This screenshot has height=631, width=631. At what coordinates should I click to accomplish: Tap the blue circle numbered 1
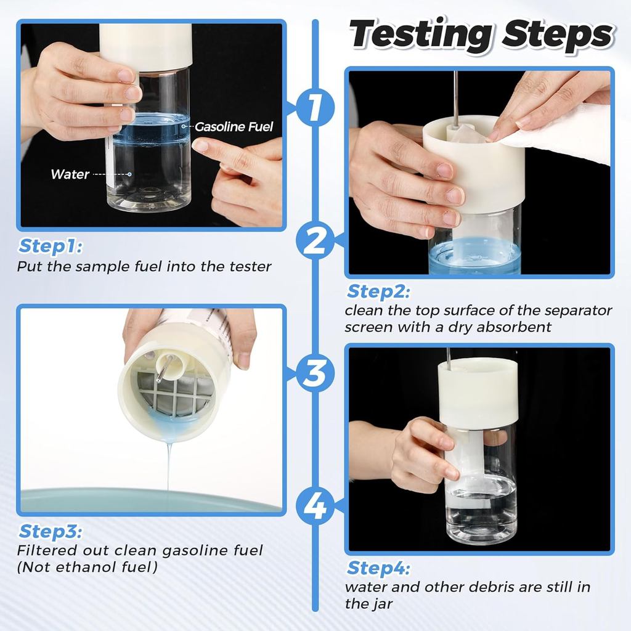pos(315,108)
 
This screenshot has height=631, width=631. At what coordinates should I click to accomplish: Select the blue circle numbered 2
pos(315,240)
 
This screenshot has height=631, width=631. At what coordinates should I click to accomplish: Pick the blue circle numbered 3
pos(315,373)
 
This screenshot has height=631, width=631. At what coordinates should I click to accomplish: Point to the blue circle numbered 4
pos(315,505)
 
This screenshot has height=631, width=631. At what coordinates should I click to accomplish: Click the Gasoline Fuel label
pos(234,127)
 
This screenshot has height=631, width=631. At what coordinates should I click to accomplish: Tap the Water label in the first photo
pos(70,174)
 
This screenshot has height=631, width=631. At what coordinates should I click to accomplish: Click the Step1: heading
pos(51,246)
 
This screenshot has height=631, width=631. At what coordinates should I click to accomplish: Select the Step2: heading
pos(379,291)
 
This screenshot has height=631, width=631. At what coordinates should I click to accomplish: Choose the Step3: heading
pos(51,531)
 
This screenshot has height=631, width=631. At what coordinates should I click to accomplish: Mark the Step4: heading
pos(379,568)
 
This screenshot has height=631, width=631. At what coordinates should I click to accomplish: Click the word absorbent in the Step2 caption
pos(513,327)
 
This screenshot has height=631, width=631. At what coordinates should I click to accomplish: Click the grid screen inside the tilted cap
pos(174,393)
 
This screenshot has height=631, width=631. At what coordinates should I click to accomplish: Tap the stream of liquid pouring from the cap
pos(169,467)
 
